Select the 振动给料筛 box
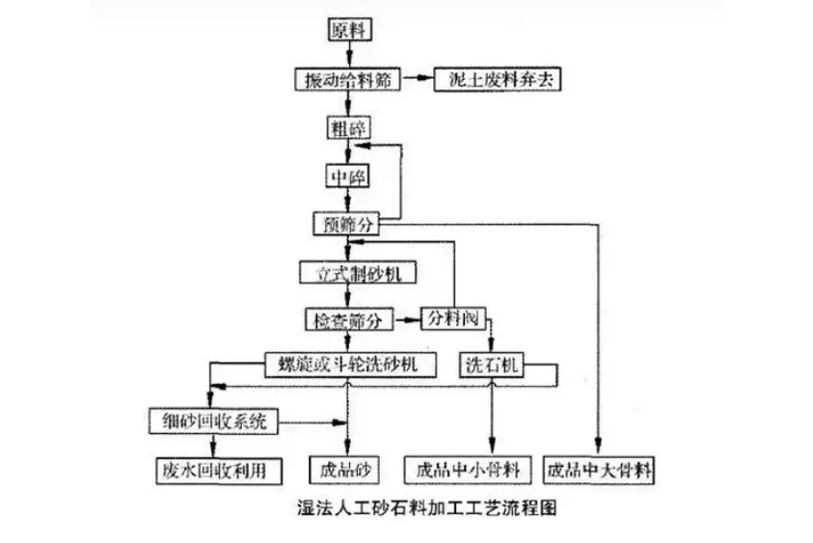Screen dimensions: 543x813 pos(346,80)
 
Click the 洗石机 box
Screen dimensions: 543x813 pos(495,366)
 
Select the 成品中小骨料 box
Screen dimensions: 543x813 pos(468,470)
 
